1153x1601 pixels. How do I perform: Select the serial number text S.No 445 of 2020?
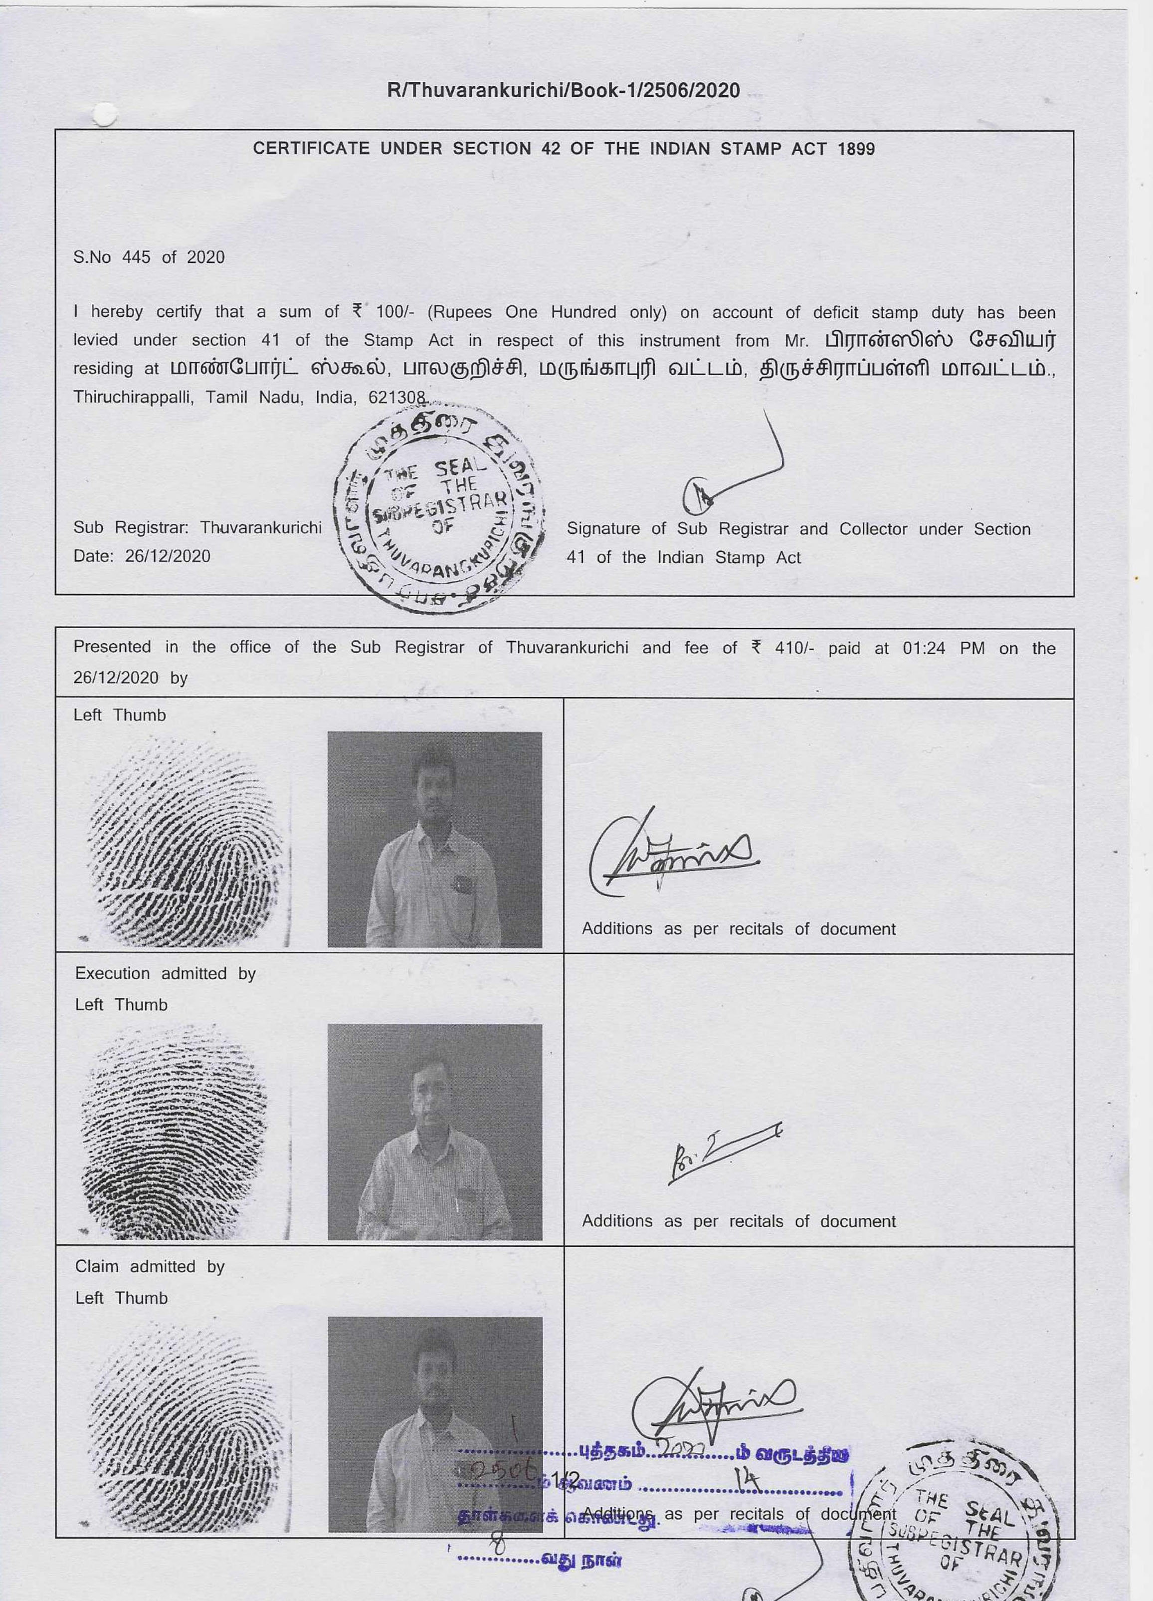coord(149,257)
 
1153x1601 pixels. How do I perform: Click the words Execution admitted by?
coord(165,973)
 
